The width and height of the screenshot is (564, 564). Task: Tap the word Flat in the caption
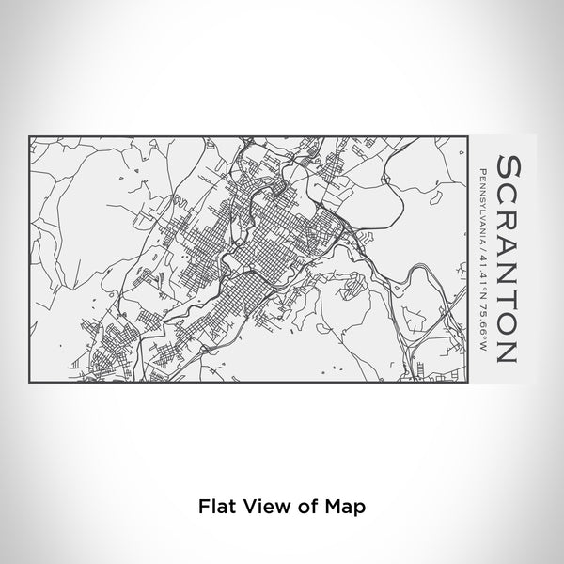(x=215, y=505)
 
